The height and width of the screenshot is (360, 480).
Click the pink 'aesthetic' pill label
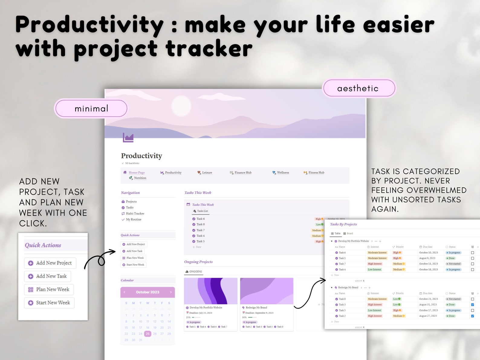coord(359,88)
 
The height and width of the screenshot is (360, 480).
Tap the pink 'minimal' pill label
coord(91,109)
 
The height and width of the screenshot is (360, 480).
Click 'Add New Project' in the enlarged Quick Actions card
coord(50,263)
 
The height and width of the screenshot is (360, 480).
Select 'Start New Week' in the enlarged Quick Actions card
coord(50,303)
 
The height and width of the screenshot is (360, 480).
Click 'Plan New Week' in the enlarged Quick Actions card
coord(49,289)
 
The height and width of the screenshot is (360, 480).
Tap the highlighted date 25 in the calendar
coord(148,334)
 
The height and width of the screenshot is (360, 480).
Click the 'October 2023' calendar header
coord(148,292)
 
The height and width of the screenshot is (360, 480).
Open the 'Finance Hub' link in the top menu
coord(243,173)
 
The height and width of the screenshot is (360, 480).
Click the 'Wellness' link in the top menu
coord(283,173)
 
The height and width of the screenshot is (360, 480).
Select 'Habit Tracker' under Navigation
coord(135,213)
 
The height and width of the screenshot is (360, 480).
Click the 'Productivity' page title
coord(141,156)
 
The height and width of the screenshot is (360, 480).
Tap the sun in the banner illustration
coord(181,106)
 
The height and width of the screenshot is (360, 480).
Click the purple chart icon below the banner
coord(128,138)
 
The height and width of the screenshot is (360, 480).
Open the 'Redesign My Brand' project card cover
coord(267,291)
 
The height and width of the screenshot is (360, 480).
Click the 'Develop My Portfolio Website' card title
coord(206,307)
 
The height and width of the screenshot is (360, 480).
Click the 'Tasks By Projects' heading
coord(343,224)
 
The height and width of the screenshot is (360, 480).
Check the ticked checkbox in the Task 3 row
coord(472,305)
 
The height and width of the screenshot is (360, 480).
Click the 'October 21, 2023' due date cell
coord(428,299)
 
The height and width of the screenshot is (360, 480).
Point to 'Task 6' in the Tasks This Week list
coord(200,219)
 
